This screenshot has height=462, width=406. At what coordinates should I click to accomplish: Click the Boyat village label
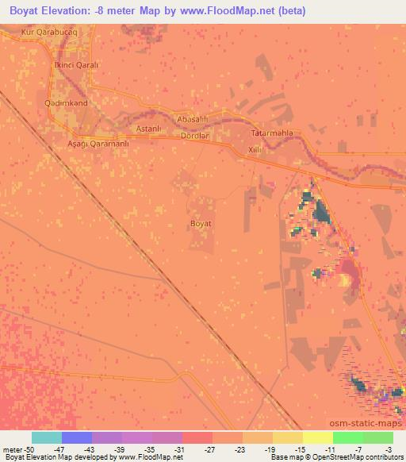pos(201,225)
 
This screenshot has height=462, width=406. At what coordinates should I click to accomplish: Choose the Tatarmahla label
pos(272,133)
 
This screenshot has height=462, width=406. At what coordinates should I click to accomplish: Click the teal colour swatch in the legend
pos(47,437)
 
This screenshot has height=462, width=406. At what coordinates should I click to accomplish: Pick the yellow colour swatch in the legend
pos(318,437)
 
